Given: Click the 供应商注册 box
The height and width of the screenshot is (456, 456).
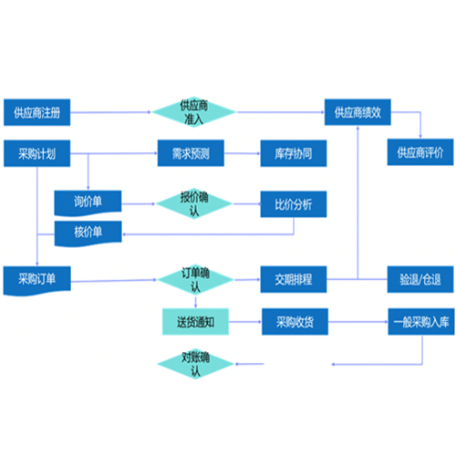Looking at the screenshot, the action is coord(36,112).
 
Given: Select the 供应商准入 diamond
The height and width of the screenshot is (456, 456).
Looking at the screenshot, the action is coord(194,112).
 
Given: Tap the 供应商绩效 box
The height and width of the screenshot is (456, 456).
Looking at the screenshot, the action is coord(358,112).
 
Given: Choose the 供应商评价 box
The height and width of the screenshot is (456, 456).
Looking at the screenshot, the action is coord(420,152).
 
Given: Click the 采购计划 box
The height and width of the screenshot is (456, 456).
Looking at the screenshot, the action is coord(36,153).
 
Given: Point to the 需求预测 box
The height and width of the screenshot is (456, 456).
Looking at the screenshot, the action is coord(191,153).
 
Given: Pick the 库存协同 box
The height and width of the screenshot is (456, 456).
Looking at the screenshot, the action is coord(294,153).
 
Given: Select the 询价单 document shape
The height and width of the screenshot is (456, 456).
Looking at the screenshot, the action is coord(88,202).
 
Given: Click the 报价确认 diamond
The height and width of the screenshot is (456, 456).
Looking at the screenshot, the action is coord(194,203).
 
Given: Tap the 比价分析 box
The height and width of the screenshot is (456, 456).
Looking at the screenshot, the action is coord(294,204).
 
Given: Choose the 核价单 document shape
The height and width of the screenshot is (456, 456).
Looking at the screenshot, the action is coord(88,233).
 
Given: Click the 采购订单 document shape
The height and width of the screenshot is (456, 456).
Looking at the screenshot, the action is coord(36,280).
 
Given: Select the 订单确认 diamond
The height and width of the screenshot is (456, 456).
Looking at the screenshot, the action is coord(195,280).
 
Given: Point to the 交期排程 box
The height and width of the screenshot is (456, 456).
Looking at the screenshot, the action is coord(294,279).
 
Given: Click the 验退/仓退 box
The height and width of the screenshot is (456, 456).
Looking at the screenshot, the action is coord(420,279).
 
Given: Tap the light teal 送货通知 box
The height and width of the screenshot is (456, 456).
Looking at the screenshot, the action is coord(195,322).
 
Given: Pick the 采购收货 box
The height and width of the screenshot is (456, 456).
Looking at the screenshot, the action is coord(295,322).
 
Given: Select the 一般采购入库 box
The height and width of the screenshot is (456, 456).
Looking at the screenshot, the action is coord(421,322).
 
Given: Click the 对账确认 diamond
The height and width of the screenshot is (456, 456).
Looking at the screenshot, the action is coord(195,364).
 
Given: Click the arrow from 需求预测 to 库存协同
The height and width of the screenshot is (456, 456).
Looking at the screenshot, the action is coord(243,153).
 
